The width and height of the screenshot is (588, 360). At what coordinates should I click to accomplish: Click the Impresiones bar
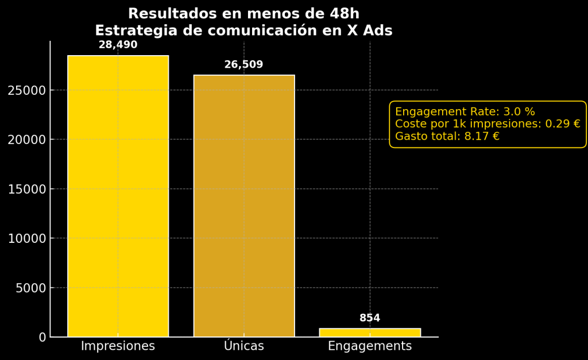pos(118,196)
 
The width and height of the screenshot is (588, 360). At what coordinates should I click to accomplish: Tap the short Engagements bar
pos(370,332)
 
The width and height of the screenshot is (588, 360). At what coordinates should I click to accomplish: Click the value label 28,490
pos(118,45)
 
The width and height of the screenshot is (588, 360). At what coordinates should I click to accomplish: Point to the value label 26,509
pos(243,65)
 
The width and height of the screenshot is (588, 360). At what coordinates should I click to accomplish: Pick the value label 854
pos(370,318)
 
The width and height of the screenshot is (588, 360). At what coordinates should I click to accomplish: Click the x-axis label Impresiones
pos(118,346)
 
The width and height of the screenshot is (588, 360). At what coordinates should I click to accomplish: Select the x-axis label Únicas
pos(243,346)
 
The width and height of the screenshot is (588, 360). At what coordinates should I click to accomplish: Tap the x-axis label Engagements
pos(370,346)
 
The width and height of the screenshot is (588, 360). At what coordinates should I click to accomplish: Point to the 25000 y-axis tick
pos(26,90)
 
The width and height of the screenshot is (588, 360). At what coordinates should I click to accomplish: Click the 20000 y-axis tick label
pos(26,140)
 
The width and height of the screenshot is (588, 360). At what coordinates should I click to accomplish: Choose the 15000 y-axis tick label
pos(26,189)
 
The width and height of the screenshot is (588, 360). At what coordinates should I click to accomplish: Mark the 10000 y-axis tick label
pos(26,238)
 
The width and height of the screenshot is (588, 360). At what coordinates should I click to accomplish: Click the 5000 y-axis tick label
pos(30,288)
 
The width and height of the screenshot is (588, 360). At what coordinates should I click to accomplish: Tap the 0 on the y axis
pos(42,337)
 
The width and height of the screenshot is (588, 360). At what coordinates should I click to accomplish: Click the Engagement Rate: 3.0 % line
pos(465,112)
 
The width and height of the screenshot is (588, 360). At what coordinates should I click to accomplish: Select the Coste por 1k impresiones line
pos(488,124)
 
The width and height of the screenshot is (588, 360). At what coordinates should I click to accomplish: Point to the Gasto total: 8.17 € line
pos(447,136)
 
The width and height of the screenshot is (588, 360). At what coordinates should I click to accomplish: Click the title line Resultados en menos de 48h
pos(243,14)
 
